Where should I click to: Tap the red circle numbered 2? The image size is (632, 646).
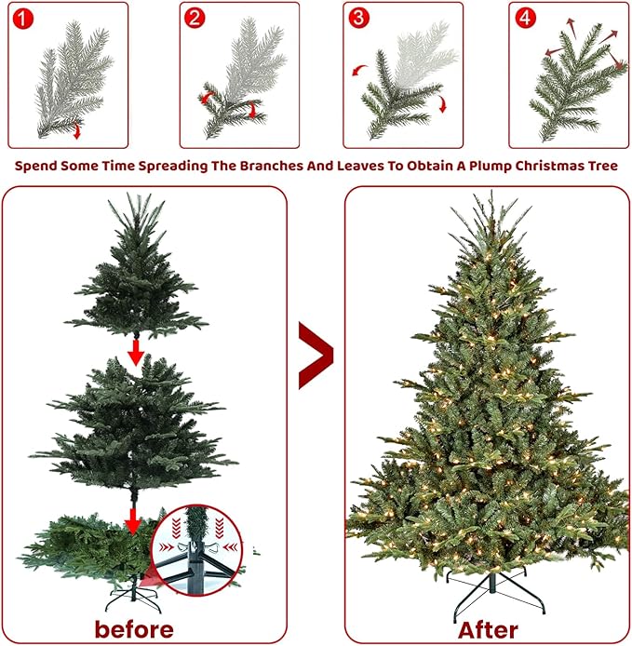pos(195,18)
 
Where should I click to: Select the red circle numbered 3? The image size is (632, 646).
pos(358,18)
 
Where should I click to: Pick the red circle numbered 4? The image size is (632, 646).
pos(523,18)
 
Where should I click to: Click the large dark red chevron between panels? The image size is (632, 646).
pos(316,355)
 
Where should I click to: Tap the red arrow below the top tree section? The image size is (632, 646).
pos(136,352)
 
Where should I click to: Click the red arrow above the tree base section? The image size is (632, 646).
pos(134,519)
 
